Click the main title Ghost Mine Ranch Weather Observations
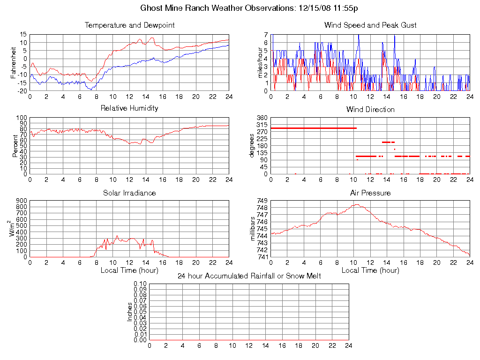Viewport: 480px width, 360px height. [x=250, y=8]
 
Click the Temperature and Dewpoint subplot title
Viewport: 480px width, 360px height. [x=129, y=25]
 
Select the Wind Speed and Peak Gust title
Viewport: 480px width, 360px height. [x=370, y=25]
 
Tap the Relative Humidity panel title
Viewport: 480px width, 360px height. [x=129, y=108]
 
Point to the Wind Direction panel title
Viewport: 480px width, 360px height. [x=370, y=110]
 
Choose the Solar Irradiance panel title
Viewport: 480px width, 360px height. [x=129, y=193]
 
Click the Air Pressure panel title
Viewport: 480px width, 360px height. [x=370, y=193]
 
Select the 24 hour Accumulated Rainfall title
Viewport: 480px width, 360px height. [x=249, y=276]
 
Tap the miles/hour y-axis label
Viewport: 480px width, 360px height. [x=261, y=63]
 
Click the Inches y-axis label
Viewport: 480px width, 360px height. [x=130, y=312]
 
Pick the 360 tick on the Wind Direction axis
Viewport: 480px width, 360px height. [x=262, y=118]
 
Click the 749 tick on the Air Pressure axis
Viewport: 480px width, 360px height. [x=262, y=201]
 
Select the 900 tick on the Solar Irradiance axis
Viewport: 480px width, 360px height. [x=21, y=201]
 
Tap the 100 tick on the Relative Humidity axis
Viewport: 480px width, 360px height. [x=21, y=118]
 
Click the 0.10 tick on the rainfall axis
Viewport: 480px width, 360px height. [x=140, y=284]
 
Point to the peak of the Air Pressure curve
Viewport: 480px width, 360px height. [x=356, y=204]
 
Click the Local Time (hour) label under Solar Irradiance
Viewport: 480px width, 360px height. [x=129, y=270]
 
